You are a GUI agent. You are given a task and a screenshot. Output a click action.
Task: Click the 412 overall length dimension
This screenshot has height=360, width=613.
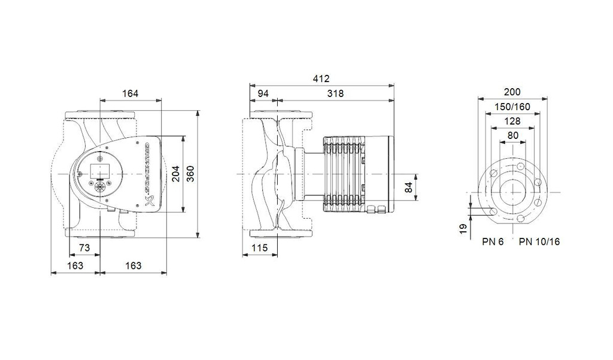(321, 79)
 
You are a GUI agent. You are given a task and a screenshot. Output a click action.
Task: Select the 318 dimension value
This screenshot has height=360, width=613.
(335, 93)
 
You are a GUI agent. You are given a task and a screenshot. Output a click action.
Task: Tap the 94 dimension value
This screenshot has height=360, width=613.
(263, 93)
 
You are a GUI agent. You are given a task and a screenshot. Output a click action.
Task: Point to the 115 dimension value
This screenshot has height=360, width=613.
(259, 248)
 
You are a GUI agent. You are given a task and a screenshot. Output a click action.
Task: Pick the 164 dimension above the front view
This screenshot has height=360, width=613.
(130, 93)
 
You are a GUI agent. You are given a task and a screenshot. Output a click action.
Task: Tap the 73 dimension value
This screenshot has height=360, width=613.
(84, 248)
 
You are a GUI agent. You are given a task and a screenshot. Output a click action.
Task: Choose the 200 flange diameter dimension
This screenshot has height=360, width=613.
(512, 92)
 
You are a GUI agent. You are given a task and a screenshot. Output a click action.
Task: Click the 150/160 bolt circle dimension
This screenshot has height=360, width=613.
(512, 107)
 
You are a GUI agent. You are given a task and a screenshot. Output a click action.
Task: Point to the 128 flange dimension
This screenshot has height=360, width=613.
(512, 121)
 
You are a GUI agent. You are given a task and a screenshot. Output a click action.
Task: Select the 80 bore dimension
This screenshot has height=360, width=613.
(512, 135)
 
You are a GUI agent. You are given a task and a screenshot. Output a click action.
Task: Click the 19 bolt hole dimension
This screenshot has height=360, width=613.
(463, 229)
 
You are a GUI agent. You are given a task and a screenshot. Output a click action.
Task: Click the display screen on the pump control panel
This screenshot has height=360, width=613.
(98, 169)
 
